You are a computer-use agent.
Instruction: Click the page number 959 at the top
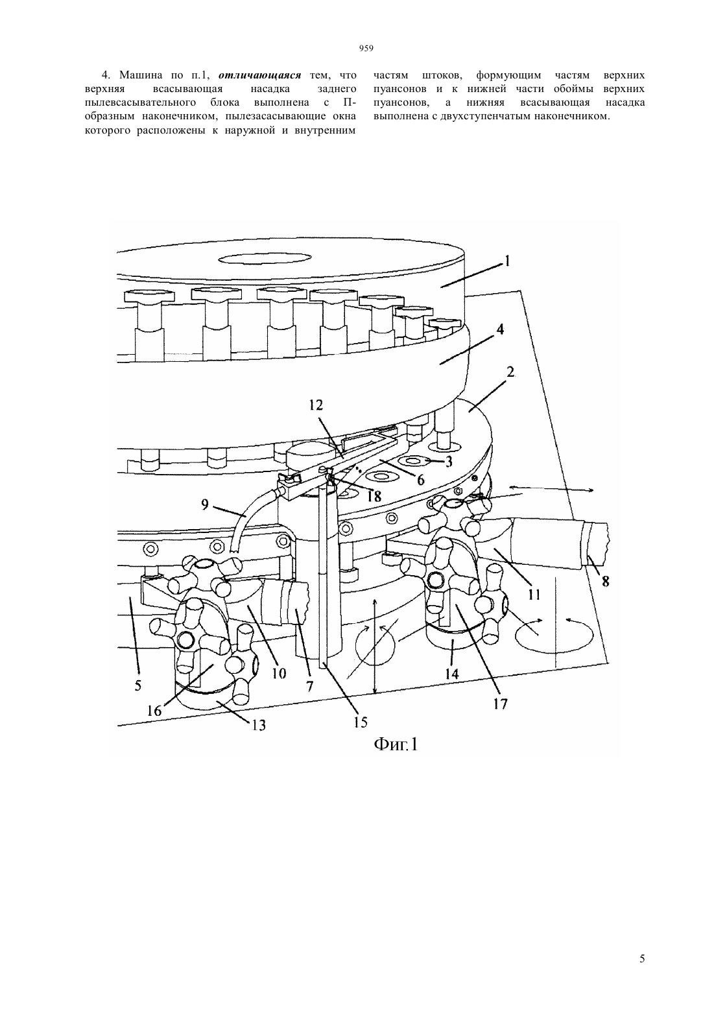point(366,48)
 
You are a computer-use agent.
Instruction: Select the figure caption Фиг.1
point(396,744)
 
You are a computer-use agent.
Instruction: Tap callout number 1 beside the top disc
point(506,261)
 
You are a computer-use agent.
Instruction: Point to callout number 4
point(499,329)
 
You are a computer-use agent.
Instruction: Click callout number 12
point(316,405)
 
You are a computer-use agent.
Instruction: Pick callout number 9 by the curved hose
point(205,505)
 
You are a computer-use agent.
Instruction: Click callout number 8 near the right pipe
point(606,582)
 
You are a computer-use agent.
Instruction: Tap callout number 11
point(534,595)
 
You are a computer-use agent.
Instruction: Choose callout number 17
point(500,704)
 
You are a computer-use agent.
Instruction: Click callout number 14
point(451,674)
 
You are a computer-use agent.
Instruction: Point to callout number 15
point(361,722)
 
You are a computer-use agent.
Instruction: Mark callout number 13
point(259,725)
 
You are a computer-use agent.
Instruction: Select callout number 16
point(154,711)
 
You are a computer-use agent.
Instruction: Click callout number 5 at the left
point(138,685)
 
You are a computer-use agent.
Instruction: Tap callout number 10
point(279,673)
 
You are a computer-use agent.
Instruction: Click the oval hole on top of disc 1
point(265,259)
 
